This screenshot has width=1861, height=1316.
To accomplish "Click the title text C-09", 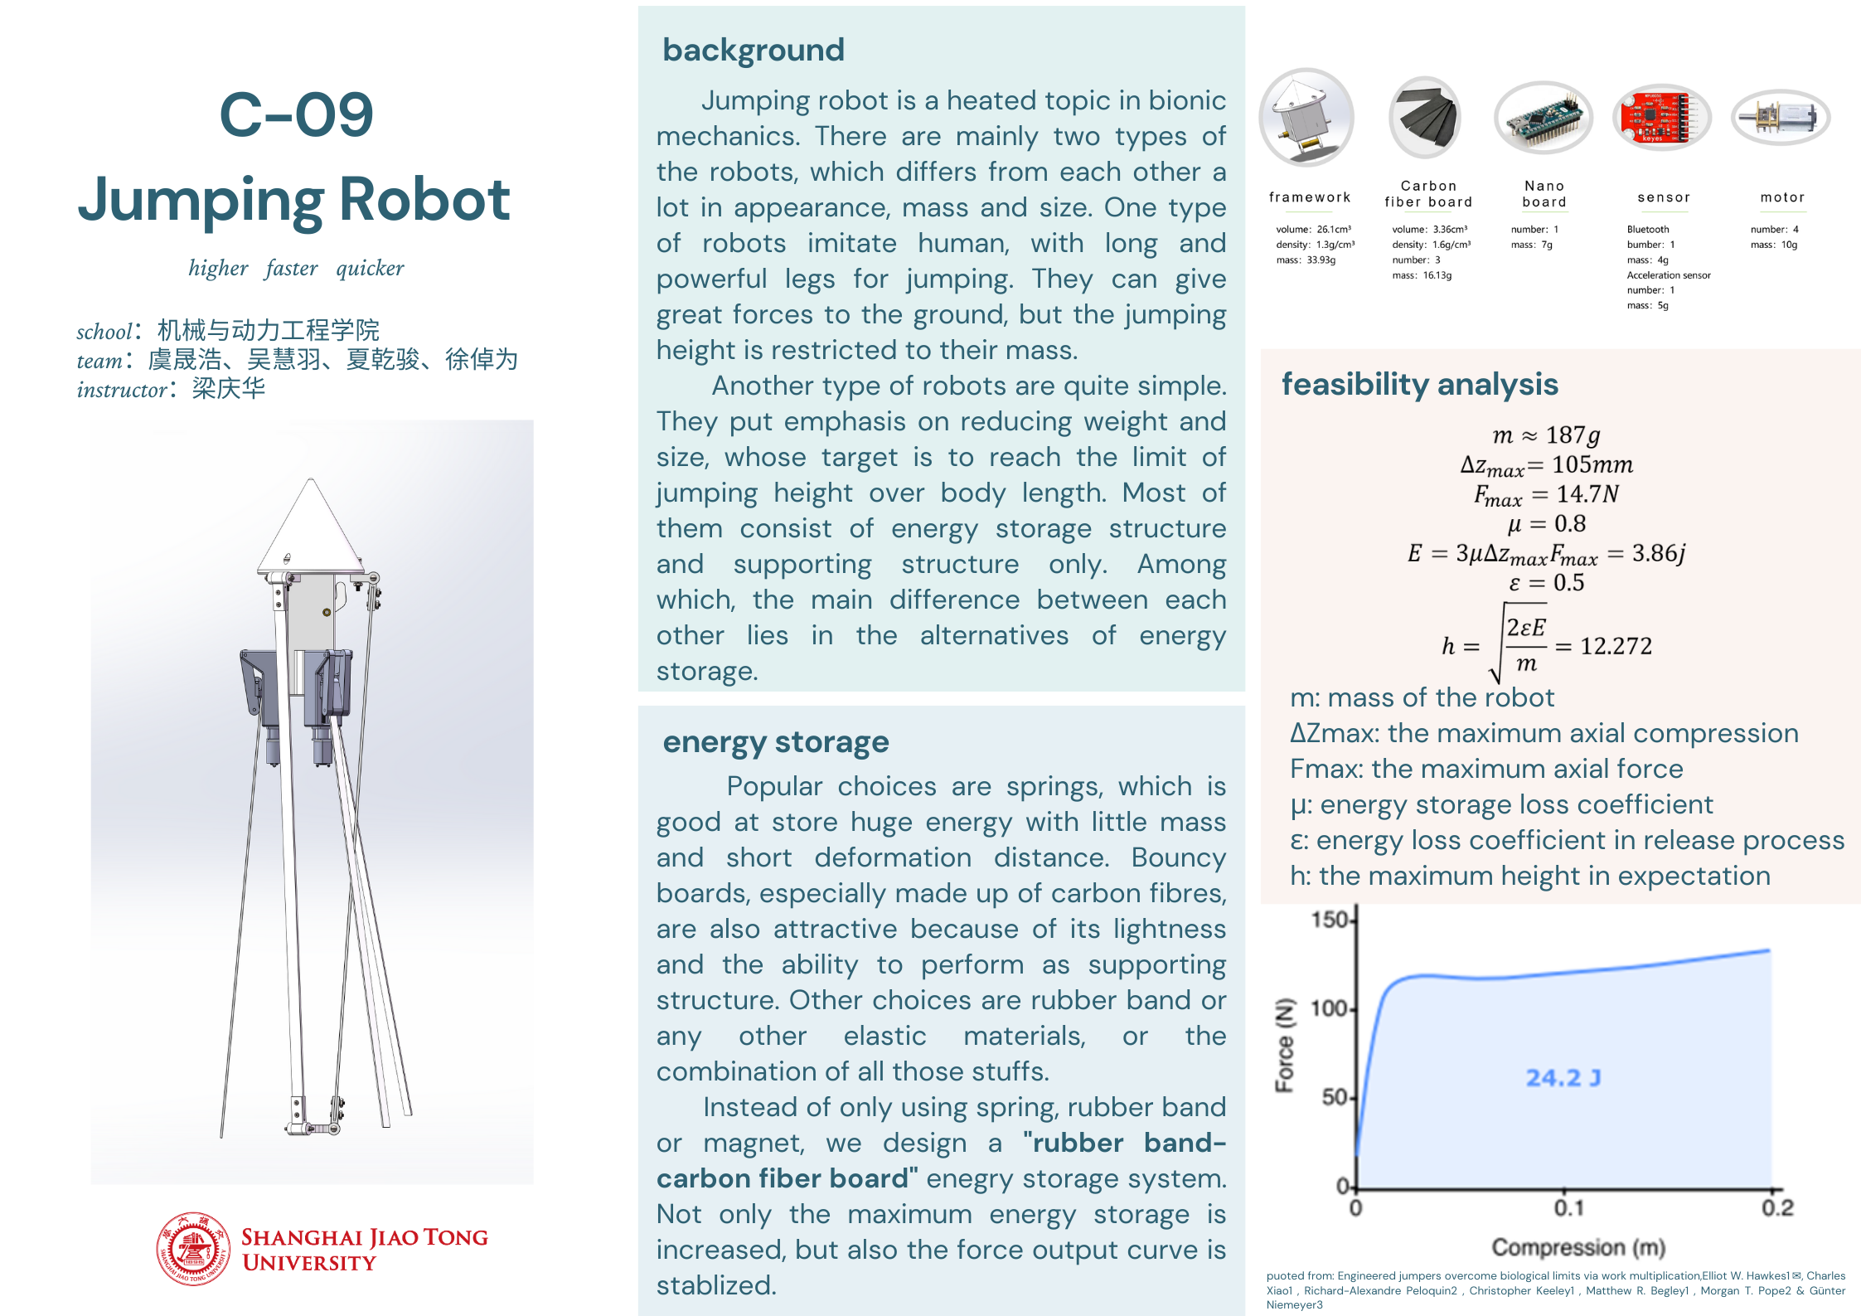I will (296, 114).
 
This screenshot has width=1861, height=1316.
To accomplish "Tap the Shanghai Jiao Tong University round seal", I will (193, 1249).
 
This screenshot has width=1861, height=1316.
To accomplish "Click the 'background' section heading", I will (753, 51).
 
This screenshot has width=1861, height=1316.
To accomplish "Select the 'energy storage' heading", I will (775, 741).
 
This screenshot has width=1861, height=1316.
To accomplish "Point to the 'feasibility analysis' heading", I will (1419, 385).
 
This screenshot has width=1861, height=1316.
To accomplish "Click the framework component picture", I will (1306, 118).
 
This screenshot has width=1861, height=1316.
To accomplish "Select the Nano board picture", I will (1543, 118).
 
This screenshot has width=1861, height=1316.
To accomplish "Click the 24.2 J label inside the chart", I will (1563, 1078).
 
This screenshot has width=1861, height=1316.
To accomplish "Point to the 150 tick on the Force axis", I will (1330, 920).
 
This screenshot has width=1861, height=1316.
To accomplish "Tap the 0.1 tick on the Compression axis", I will (1568, 1208).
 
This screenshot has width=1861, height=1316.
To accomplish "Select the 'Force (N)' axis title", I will (1285, 1045).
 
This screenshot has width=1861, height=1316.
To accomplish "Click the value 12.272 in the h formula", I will (1616, 646).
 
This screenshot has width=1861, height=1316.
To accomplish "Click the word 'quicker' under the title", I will (370, 268).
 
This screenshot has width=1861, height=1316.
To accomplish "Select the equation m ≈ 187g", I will (1546, 435).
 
